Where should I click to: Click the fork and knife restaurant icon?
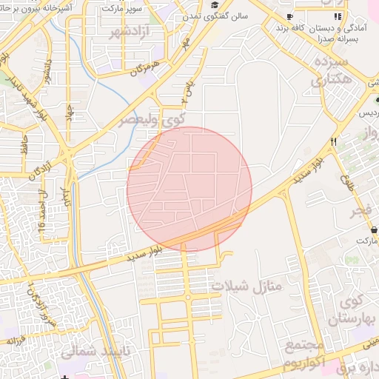(x=334, y=141)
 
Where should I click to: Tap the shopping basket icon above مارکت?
(x=373, y=229)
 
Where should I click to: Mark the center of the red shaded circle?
(x=189, y=189)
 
